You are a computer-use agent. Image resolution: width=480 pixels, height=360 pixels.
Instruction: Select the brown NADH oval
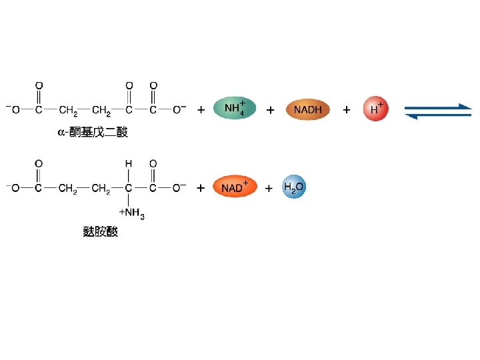point(307,109)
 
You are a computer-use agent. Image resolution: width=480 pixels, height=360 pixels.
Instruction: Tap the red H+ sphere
point(375,109)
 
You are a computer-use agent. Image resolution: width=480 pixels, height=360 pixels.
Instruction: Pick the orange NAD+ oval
point(234,188)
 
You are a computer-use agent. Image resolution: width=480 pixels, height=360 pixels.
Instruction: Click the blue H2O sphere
point(293,188)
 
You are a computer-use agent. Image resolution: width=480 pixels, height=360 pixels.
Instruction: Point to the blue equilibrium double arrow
point(438,111)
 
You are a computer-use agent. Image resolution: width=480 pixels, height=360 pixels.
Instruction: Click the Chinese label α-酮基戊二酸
point(91,133)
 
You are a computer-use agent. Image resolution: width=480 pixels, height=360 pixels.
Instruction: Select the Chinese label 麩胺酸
point(100,231)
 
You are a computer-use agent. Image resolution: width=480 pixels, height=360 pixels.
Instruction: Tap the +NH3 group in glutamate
point(131,213)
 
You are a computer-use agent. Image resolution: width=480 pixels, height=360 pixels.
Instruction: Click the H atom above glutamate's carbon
point(129,163)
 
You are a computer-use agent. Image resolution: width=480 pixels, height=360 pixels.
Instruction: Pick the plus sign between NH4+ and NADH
point(270,110)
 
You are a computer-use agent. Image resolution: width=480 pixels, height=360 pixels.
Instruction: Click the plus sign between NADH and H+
point(347,110)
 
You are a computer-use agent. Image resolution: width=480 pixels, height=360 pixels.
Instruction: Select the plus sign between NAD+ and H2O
point(269,189)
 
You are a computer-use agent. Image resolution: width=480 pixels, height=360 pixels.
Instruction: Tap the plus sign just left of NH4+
point(201,110)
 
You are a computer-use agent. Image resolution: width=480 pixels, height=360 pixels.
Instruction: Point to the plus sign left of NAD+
point(201,189)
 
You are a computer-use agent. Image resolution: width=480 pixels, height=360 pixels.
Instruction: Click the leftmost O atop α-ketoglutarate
point(39,85)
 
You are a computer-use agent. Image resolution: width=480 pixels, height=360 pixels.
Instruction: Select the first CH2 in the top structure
point(68,111)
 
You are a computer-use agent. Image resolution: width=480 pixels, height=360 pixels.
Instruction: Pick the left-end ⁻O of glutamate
point(13,189)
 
